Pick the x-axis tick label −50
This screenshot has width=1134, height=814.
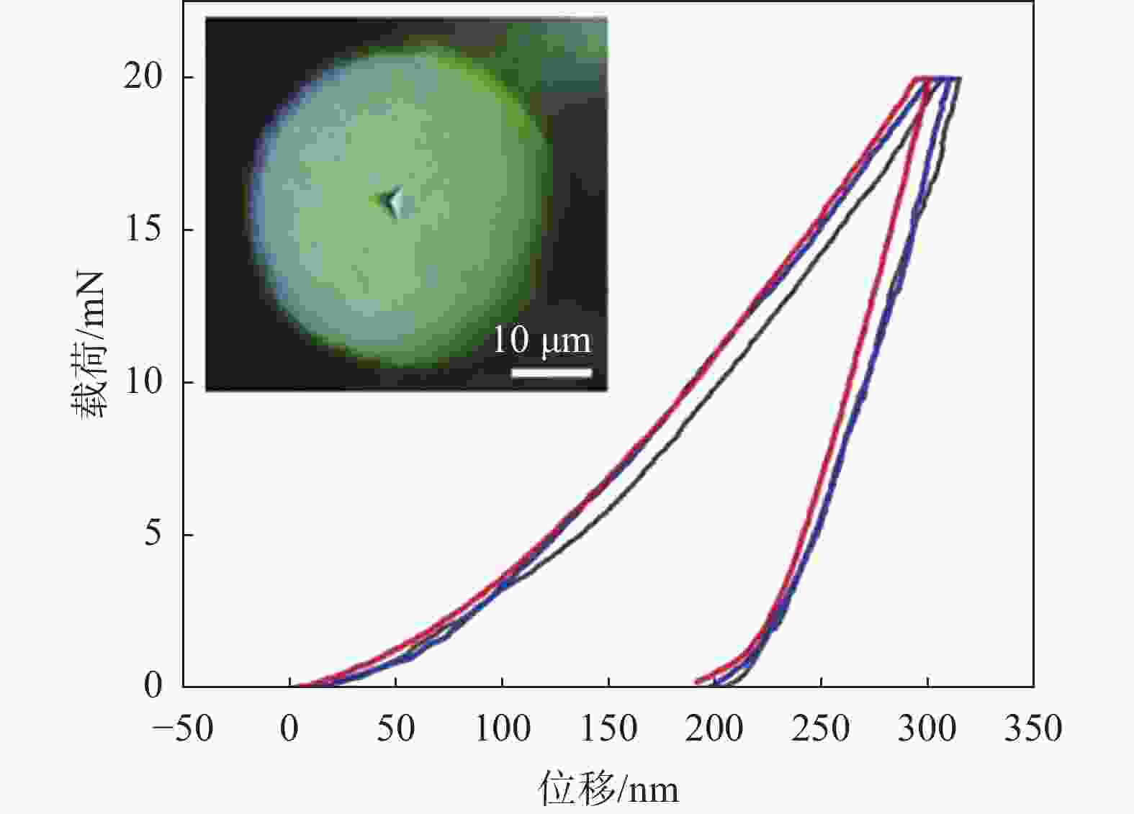pyautogui.click(x=183, y=728)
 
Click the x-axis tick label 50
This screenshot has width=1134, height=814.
pyautogui.click(x=395, y=728)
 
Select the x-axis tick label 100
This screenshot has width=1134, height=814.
pyautogui.click(x=503, y=728)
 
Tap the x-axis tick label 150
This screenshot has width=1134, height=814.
pyautogui.click(x=608, y=728)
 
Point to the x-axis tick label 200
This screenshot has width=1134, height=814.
pyautogui.click(x=714, y=728)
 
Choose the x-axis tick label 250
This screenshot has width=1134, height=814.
pyautogui.click(x=820, y=728)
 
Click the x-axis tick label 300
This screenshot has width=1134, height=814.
pyautogui.click(x=927, y=728)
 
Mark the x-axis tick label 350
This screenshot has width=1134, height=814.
pyautogui.click(x=1033, y=728)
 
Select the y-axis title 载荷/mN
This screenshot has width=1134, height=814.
pyautogui.click(x=89, y=344)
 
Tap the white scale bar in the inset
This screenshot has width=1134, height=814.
pyautogui.click(x=552, y=373)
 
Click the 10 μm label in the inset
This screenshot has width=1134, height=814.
pyautogui.click(x=541, y=340)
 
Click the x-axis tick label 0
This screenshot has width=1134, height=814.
pyautogui.click(x=289, y=728)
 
